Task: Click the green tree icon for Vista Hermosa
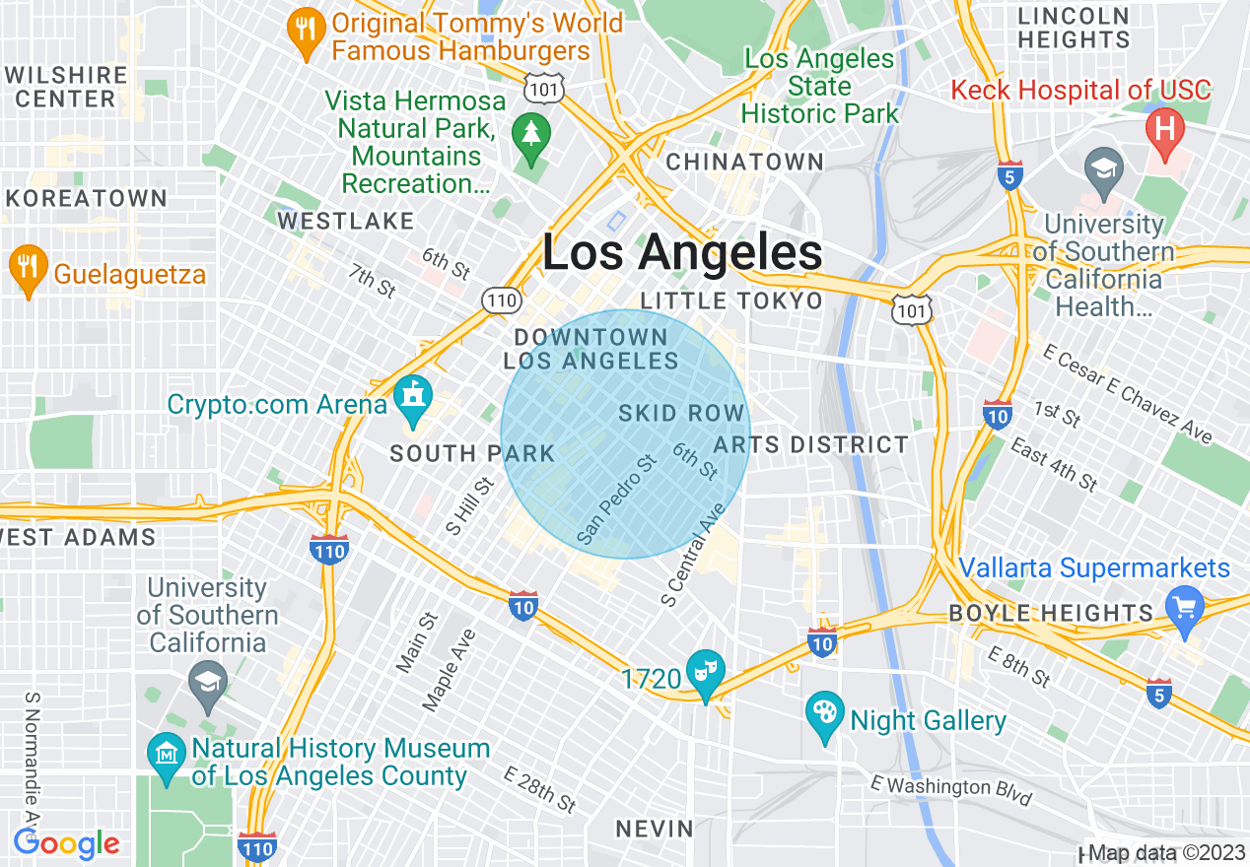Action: [x=532, y=135]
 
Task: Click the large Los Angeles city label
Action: [x=682, y=253]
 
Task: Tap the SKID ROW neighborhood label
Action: [x=681, y=413]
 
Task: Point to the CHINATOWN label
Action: [x=744, y=163]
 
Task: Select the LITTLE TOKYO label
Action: [x=730, y=300]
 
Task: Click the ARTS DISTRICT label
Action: [x=810, y=445]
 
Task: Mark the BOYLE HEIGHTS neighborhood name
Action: [x=1051, y=613]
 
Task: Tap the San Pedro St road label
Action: [x=617, y=500]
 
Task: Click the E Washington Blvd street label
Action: [x=950, y=787]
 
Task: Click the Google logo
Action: [x=66, y=843]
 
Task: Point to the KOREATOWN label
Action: [x=86, y=198]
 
